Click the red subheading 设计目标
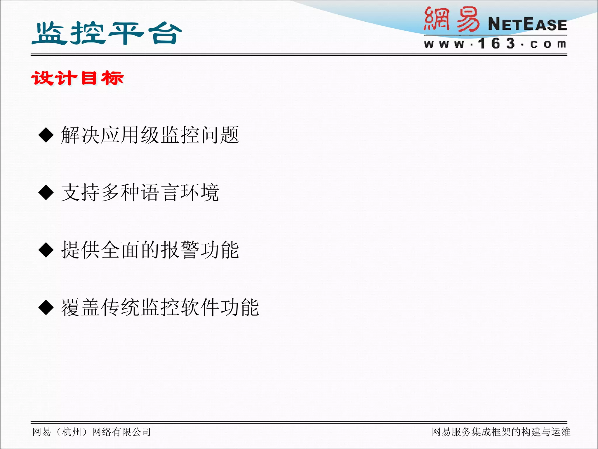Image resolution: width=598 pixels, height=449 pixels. pos(78,78)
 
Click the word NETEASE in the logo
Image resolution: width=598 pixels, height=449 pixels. pos(527,24)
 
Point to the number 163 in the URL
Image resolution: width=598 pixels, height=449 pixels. pos(496,44)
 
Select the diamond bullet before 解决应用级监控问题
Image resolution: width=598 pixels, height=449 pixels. pos(46,135)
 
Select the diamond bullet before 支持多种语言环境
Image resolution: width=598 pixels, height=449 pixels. pos(46,193)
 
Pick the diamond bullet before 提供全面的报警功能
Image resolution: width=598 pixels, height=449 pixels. pos(46,250)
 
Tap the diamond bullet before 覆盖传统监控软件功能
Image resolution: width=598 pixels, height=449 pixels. pos(46,308)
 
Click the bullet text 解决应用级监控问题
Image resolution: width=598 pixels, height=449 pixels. pos(150,135)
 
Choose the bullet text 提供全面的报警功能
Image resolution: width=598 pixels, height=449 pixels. pos(150,250)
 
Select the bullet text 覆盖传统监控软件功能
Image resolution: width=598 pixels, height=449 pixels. pos(160,308)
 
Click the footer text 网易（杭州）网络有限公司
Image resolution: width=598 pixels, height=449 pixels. pos(91,432)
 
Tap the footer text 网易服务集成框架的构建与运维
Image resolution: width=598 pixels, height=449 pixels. pos(501,432)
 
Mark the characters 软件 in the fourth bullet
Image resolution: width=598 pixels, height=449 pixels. pos(200,308)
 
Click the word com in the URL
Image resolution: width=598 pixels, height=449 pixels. pos(548,44)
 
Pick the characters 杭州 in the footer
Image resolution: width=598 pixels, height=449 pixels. pos(72,432)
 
